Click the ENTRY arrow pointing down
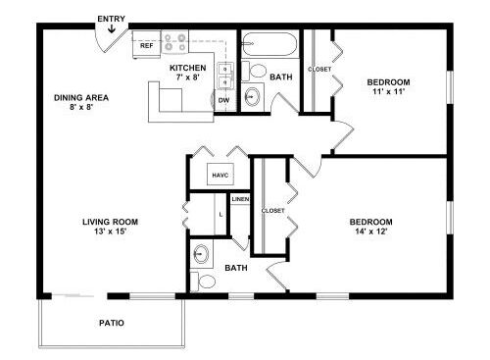(x=112, y=29)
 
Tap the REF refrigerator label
(x=146, y=45)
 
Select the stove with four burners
(x=174, y=42)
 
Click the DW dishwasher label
(x=223, y=100)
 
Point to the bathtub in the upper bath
(x=269, y=44)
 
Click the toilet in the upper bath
(x=254, y=71)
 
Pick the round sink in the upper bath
(x=252, y=96)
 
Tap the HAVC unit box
(x=220, y=175)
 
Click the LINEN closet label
(x=240, y=199)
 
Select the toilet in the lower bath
(x=203, y=282)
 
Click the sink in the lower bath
(x=201, y=253)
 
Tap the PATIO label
(x=112, y=323)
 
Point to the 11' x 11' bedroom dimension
(x=389, y=91)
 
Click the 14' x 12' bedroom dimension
(x=371, y=231)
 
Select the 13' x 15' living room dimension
(x=110, y=231)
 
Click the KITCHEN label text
(x=188, y=68)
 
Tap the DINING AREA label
(x=81, y=98)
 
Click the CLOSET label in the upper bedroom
(x=319, y=70)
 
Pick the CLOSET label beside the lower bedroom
(x=273, y=211)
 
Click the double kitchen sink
(x=225, y=76)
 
